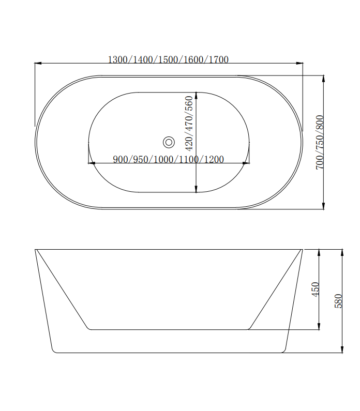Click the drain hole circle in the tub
[x=169, y=142]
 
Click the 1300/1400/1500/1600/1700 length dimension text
[x=168, y=59]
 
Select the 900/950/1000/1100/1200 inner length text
[x=168, y=159]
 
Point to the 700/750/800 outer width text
[x=320, y=142]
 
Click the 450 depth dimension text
[x=315, y=288]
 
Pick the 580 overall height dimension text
[x=339, y=301]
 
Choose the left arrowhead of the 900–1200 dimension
[x=92, y=163]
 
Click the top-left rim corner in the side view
[x=36, y=250]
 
